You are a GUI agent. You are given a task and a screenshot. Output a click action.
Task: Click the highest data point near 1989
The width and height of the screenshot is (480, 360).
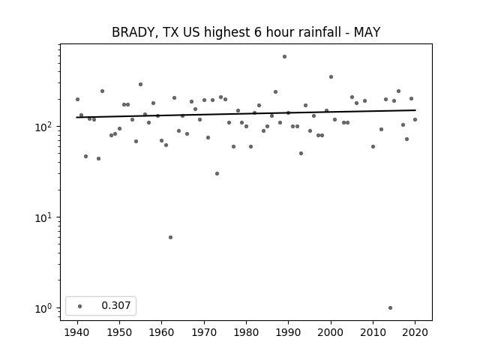[x=284, y=57]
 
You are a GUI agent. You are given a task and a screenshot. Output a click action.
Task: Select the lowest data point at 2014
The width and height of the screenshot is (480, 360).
[x=390, y=308]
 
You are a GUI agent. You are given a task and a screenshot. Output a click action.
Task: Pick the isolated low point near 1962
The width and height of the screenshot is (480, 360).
[x=170, y=238]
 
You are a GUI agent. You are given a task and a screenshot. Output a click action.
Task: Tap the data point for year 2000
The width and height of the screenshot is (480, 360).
[x=331, y=76]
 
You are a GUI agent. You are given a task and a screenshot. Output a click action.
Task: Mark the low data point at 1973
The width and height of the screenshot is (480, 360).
[x=217, y=173]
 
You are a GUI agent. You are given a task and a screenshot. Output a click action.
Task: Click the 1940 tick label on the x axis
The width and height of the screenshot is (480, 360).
[x=77, y=333]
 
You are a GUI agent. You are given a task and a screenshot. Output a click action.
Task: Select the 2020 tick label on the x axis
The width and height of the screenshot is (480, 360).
[x=415, y=333]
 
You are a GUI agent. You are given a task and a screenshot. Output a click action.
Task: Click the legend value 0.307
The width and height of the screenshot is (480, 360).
[x=116, y=305]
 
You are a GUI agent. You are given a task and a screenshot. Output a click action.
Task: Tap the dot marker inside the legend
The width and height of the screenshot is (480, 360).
[x=80, y=306]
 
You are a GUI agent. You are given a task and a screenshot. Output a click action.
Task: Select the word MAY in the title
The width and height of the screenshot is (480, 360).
[x=367, y=32]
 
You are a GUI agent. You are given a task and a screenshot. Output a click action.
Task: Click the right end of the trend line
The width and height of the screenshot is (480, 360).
[x=415, y=110]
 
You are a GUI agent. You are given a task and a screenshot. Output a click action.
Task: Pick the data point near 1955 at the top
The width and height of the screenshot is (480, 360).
[x=140, y=85]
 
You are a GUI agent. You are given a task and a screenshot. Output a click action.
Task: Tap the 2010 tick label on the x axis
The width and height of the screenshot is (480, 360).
[x=373, y=333]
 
